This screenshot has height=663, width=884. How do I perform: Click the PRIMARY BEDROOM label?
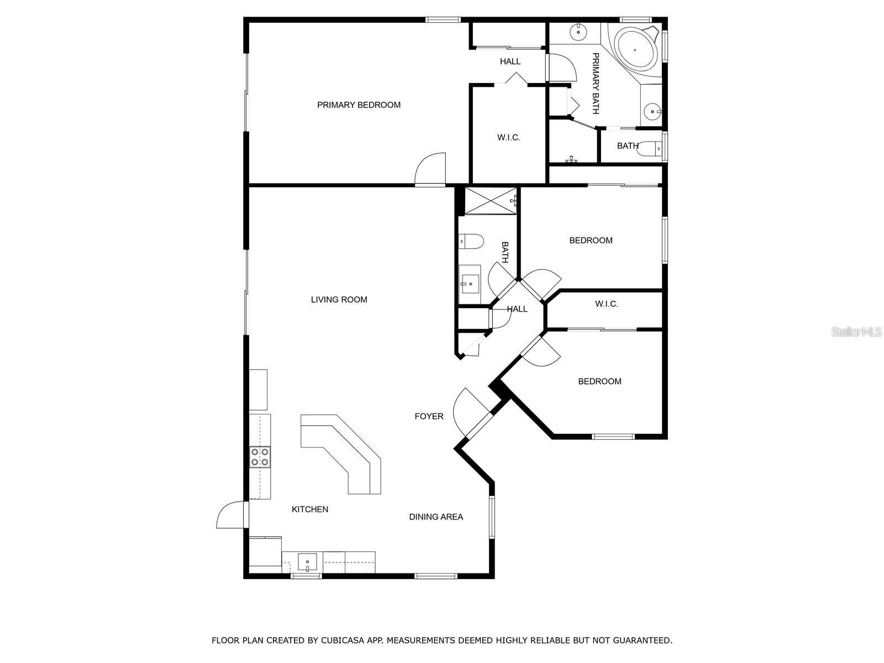pyautogui.click(x=359, y=105)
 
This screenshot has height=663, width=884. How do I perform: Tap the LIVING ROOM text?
pyautogui.click(x=339, y=299)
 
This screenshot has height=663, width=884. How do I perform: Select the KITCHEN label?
pyautogui.click(x=310, y=509)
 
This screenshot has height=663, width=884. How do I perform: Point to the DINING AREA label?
pyautogui.click(x=436, y=517)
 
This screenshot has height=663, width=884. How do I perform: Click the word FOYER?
pyautogui.click(x=429, y=416)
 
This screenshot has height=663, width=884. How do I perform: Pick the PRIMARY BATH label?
pyautogui.click(x=595, y=83)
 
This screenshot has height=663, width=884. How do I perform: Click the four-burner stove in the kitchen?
pyautogui.click(x=260, y=457)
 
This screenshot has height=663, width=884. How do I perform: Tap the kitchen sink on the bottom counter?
pyautogui.click(x=307, y=561)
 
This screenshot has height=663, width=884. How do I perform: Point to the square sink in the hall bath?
pyautogui.click(x=470, y=284)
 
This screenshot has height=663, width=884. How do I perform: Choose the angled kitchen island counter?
pyautogui.click(x=341, y=454)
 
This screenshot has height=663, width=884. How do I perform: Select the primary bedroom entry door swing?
pyautogui.click(x=430, y=169)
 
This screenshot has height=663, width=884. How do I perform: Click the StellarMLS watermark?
pyautogui.click(x=856, y=331)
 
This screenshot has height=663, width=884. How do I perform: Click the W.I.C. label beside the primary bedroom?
pyautogui.click(x=508, y=138)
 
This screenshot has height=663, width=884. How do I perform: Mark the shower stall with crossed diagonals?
pyautogui.click(x=491, y=201)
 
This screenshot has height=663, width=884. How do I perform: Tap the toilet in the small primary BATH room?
pyautogui.click(x=650, y=149)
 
